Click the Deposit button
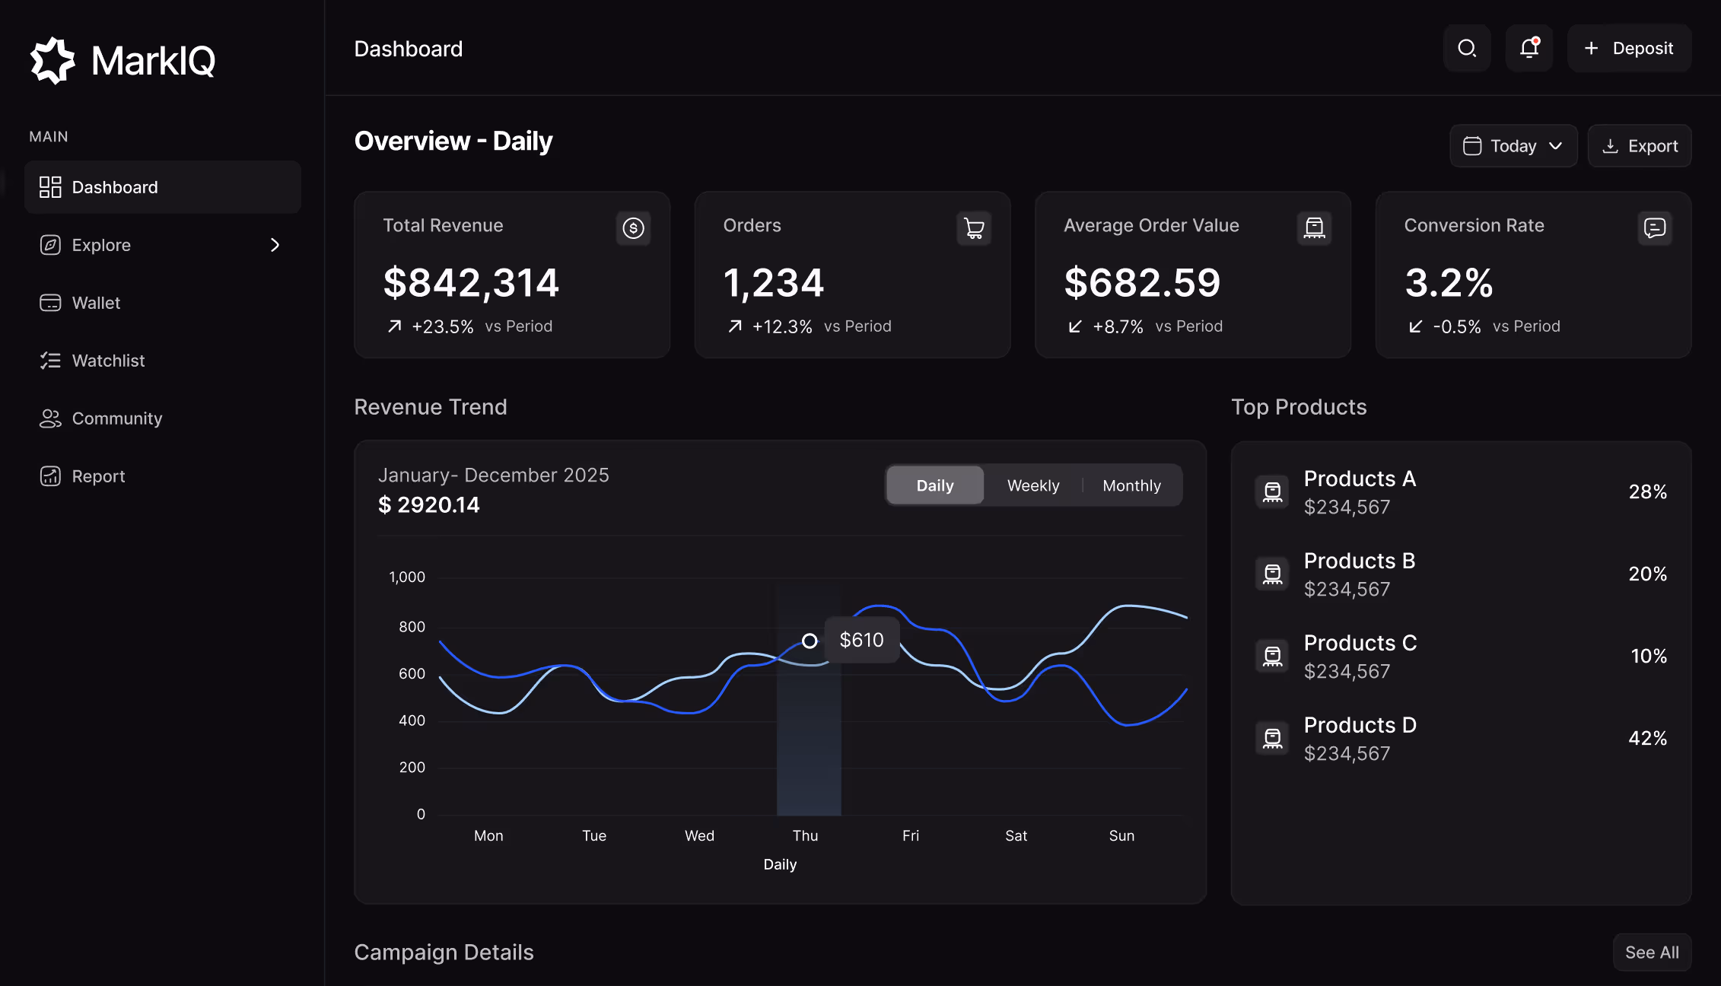pyautogui.click(x=1629, y=49)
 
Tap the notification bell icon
pyautogui.click(x=1529, y=48)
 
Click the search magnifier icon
pyautogui.click(x=1467, y=49)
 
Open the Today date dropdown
pyautogui.click(x=1513, y=146)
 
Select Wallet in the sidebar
pyautogui.click(x=96, y=303)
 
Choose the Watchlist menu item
pyautogui.click(x=108, y=361)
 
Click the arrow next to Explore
pyautogui.click(x=275, y=245)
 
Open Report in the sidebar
pyautogui.click(x=98, y=476)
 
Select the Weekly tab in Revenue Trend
pyautogui.click(x=1032, y=485)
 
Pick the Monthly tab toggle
pyautogui.click(x=1131, y=485)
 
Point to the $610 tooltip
pyautogui.click(x=861, y=640)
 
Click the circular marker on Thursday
pyautogui.click(x=810, y=641)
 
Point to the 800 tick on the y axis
pyautogui.click(x=412, y=627)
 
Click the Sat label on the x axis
pyautogui.click(x=1016, y=835)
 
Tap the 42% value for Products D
pyautogui.click(x=1647, y=738)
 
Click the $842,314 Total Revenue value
pyautogui.click(x=471, y=283)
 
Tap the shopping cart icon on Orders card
pyautogui.click(x=974, y=228)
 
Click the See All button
pyautogui.click(x=1652, y=953)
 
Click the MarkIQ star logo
pyautogui.click(x=52, y=60)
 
